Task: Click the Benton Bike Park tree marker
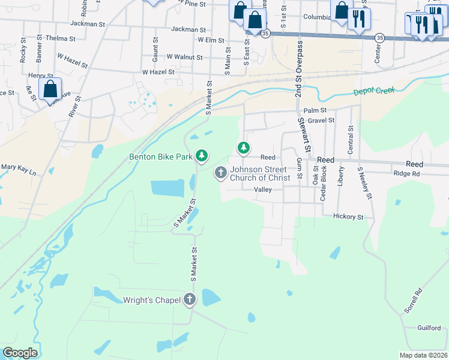click(x=202, y=156)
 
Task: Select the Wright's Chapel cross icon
click(x=190, y=299)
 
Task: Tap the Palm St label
click(x=315, y=110)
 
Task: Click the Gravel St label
click(x=321, y=121)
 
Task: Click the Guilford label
click(x=430, y=328)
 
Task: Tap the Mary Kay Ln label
click(x=19, y=170)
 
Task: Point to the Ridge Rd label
click(x=406, y=173)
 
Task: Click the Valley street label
click(x=263, y=189)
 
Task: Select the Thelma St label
click(x=61, y=38)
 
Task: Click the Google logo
click(x=20, y=353)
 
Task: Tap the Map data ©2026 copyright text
click(x=423, y=355)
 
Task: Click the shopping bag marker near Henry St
click(x=50, y=89)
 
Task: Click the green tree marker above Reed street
click(x=243, y=147)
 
